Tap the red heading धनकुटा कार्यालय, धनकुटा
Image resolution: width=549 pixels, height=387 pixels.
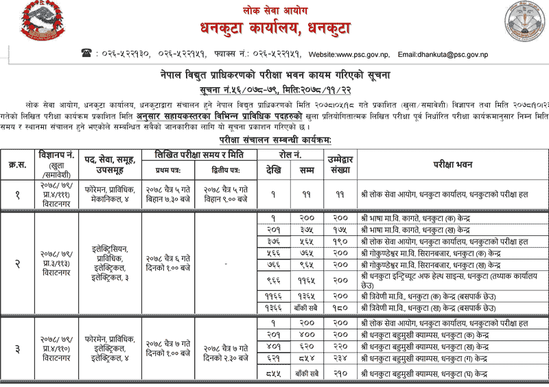click(274, 29)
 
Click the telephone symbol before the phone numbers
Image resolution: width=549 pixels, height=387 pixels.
click(86, 54)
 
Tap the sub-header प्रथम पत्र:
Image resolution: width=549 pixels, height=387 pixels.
click(167, 169)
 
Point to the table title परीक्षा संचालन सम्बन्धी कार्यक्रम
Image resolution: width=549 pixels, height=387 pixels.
click(274, 140)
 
